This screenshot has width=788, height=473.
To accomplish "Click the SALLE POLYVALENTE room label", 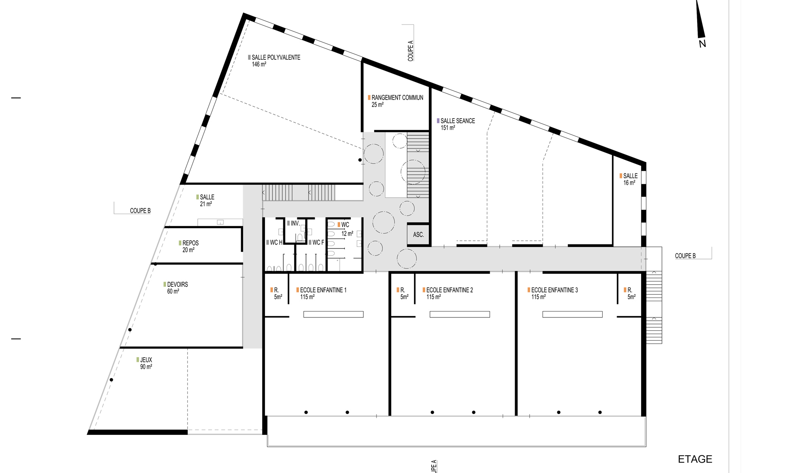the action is (276, 58).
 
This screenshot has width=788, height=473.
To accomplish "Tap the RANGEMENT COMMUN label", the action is (397, 98).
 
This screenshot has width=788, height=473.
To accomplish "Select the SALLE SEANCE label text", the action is (457, 121).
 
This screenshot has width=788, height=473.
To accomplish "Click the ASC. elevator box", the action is (418, 235).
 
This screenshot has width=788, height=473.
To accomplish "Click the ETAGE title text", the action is (695, 459).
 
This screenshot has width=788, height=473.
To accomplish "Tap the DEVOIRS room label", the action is (178, 285).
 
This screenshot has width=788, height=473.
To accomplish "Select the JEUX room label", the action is (146, 360).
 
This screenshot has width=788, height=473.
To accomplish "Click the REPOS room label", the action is (190, 243).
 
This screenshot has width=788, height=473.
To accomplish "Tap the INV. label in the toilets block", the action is (295, 224).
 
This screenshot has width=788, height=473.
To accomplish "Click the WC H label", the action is (276, 243).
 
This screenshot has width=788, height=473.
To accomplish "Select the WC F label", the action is (318, 243).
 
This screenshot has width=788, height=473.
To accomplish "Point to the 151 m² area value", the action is (448, 128).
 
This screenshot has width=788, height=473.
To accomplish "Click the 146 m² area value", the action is (259, 65).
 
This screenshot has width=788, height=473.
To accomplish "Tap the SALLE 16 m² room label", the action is (630, 179).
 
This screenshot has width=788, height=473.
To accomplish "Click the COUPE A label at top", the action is (411, 51).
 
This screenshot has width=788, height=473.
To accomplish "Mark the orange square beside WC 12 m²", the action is (339, 225).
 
